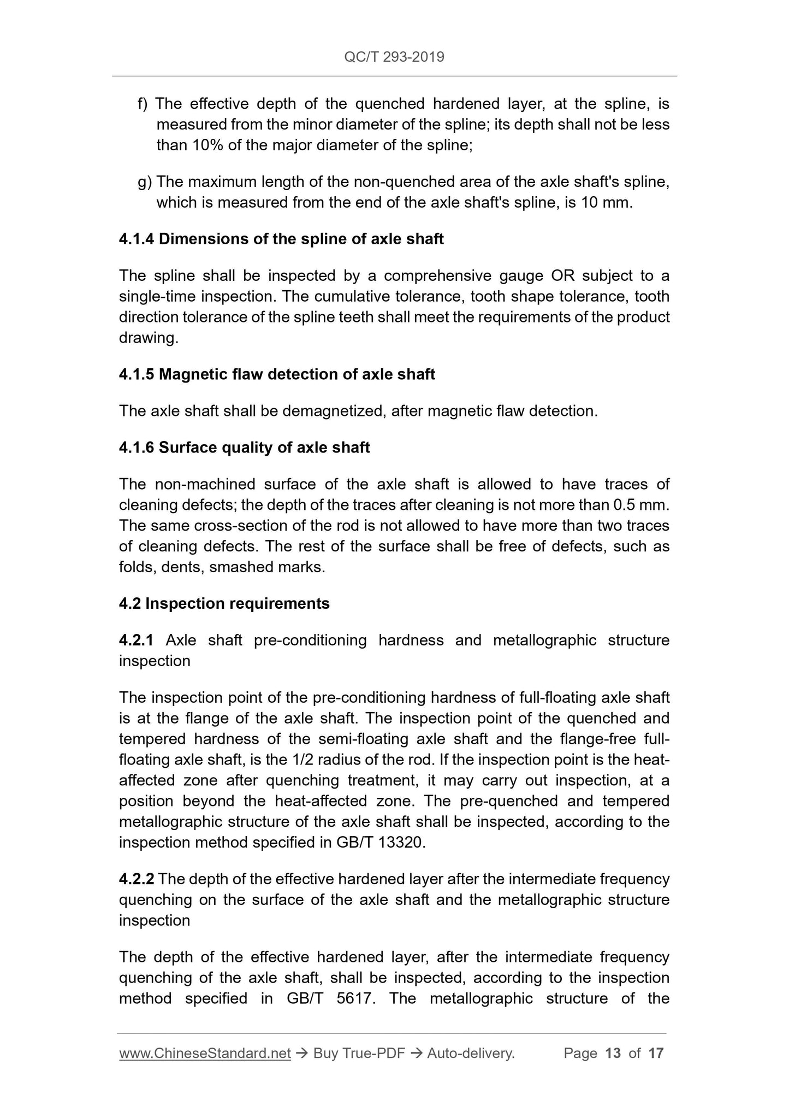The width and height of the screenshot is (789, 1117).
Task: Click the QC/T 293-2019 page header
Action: (x=394, y=57)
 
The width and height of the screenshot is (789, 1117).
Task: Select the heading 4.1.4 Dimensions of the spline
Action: (x=281, y=239)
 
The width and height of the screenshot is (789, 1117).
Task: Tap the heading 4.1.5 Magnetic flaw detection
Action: (x=277, y=374)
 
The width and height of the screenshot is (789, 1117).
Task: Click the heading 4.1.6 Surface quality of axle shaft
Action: (x=244, y=448)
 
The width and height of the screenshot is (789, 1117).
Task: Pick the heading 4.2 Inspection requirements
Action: (x=224, y=603)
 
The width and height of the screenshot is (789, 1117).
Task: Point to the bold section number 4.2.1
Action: (x=137, y=640)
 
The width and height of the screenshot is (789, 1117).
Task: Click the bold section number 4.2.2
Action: (x=137, y=879)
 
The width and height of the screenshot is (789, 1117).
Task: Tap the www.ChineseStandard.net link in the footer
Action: (x=205, y=1053)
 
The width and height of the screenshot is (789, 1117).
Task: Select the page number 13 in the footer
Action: (x=613, y=1053)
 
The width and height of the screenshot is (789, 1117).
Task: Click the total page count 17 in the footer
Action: (x=656, y=1053)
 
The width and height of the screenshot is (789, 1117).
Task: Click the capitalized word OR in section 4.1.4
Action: (x=563, y=276)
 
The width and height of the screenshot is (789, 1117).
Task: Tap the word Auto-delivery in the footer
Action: (x=471, y=1053)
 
